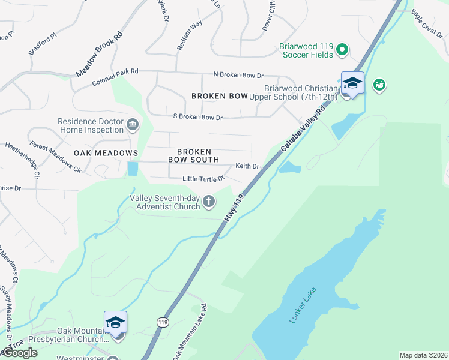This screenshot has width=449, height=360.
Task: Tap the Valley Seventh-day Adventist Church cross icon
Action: point(208,202)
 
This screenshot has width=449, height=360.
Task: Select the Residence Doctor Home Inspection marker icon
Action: point(133,125)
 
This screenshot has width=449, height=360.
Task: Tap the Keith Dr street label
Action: point(247,166)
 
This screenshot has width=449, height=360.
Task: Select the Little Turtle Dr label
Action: point(203,179)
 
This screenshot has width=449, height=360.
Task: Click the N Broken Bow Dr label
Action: point(238,75)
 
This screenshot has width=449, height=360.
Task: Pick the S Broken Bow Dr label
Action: point(197,117)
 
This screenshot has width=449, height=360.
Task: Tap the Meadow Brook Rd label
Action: point(99,53)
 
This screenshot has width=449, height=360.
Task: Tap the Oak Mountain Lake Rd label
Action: point(190,331)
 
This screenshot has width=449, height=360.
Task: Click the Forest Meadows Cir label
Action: point(56,157)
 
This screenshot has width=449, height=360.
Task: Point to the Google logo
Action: point(19,352)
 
